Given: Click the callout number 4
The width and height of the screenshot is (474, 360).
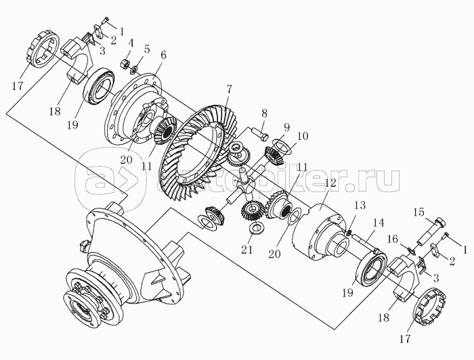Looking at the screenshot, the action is click(130, 43).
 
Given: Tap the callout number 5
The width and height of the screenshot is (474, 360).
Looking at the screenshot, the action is click(147, 49).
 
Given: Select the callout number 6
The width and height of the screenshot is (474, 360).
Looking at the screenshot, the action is click(163, 55).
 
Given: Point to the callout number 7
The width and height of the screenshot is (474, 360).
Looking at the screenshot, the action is click(229, 90).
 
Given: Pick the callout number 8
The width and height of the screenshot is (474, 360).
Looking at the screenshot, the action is click(265, 114).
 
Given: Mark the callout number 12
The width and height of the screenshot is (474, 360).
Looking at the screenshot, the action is click(330, 183).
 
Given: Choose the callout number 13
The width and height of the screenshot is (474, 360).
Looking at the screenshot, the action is click(360, 205).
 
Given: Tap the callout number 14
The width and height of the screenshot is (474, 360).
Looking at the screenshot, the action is click(378, 223).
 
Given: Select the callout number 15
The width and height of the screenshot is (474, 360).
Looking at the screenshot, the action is click(418, 213).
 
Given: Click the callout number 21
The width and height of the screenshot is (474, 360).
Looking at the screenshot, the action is click(246, 250).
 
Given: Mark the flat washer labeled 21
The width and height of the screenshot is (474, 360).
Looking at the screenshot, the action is click(257, 228).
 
